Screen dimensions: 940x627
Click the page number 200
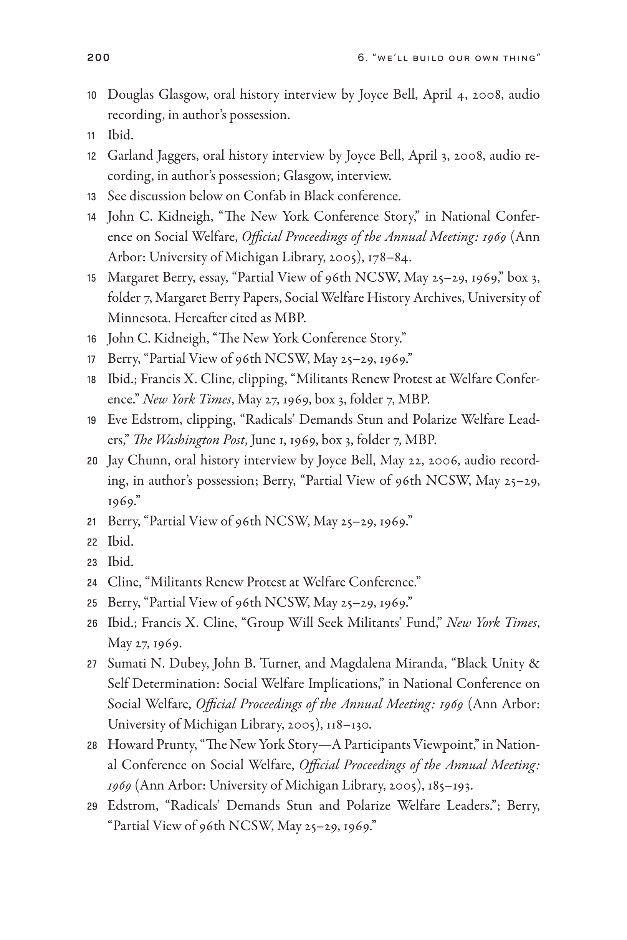[98, 58]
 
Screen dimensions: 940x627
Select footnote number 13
[91, 197]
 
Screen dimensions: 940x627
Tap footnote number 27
[91, 664]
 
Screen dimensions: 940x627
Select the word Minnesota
[139, 318]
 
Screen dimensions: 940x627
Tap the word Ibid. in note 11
[120, 135]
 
